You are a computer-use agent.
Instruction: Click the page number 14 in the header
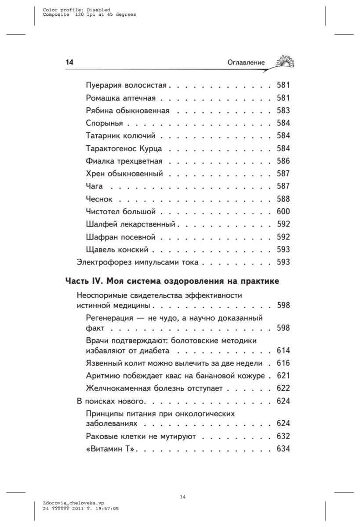coord(69,63)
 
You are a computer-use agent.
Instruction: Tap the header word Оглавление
coord(246,63)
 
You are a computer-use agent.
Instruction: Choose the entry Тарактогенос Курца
coord(124,148)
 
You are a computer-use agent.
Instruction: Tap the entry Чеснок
coord(99,199)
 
